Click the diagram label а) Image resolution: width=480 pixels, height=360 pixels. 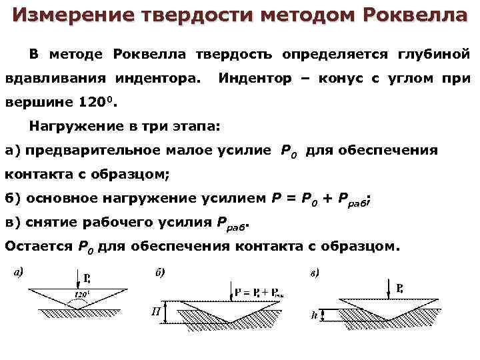point(19,271)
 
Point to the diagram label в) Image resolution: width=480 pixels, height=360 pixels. point(313,273)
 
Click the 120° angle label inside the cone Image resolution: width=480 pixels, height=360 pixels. point(84,293)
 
